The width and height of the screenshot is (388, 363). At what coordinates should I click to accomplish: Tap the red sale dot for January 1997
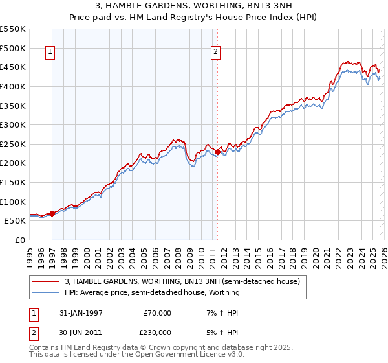point(52,213)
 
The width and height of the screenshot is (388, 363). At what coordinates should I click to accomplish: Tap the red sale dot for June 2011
point(217,152)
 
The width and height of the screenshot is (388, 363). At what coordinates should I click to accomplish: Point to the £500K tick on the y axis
point(13,48)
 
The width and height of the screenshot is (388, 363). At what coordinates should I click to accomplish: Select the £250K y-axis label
point(13,144)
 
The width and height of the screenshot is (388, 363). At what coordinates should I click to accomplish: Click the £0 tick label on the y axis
point(19,240)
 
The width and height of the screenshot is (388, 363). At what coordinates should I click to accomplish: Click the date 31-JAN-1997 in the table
point(82,313)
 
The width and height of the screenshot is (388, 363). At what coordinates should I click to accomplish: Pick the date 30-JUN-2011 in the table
point(82,333)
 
